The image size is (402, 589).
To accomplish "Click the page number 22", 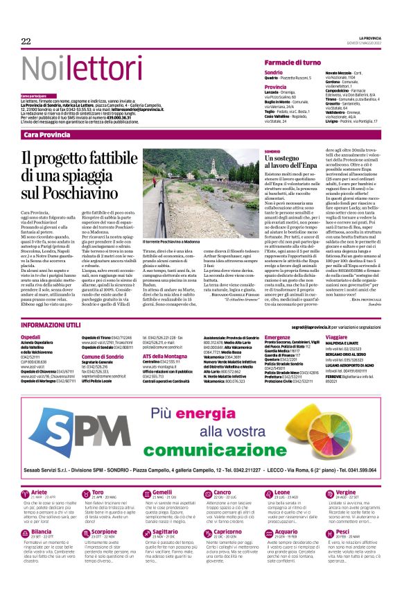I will pos(26,42).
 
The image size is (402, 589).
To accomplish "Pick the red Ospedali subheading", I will pos(31,336).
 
